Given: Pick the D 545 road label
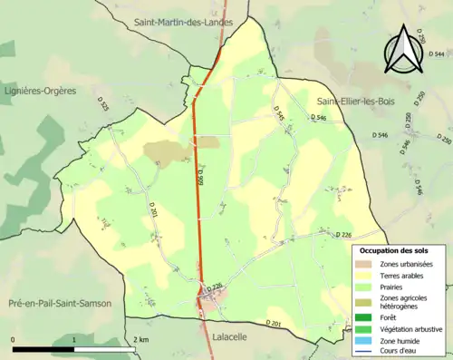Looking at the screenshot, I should pos(278,113).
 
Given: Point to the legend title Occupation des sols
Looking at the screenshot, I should pos(393,250).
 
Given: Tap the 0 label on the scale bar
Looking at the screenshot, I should pos(14,339).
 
